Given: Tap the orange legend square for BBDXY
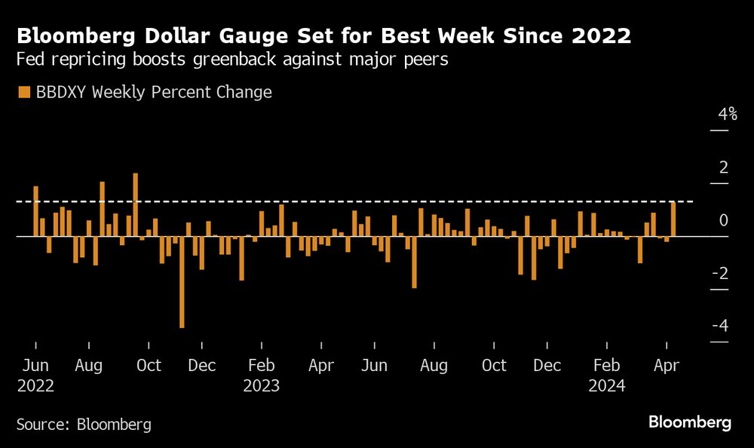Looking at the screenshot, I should tap(23, 92).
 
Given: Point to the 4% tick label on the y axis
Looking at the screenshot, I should tap(727, 115).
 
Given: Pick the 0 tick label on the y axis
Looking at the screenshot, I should tap(724, 220).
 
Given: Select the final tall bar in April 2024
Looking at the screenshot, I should tap(673, 219).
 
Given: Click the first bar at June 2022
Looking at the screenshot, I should tap(35, 210).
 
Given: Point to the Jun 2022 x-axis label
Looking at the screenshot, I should tap(35, 366).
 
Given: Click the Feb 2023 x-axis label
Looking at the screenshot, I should tap(261, 366).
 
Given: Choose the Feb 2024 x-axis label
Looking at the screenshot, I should tap(606, 366).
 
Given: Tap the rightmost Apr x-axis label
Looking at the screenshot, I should tap(667, 366).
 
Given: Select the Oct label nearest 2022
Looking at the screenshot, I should tap(149, 366).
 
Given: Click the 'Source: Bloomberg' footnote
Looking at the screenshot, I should tap(84, 425).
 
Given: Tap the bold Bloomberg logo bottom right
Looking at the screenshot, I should tap(690, 422).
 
